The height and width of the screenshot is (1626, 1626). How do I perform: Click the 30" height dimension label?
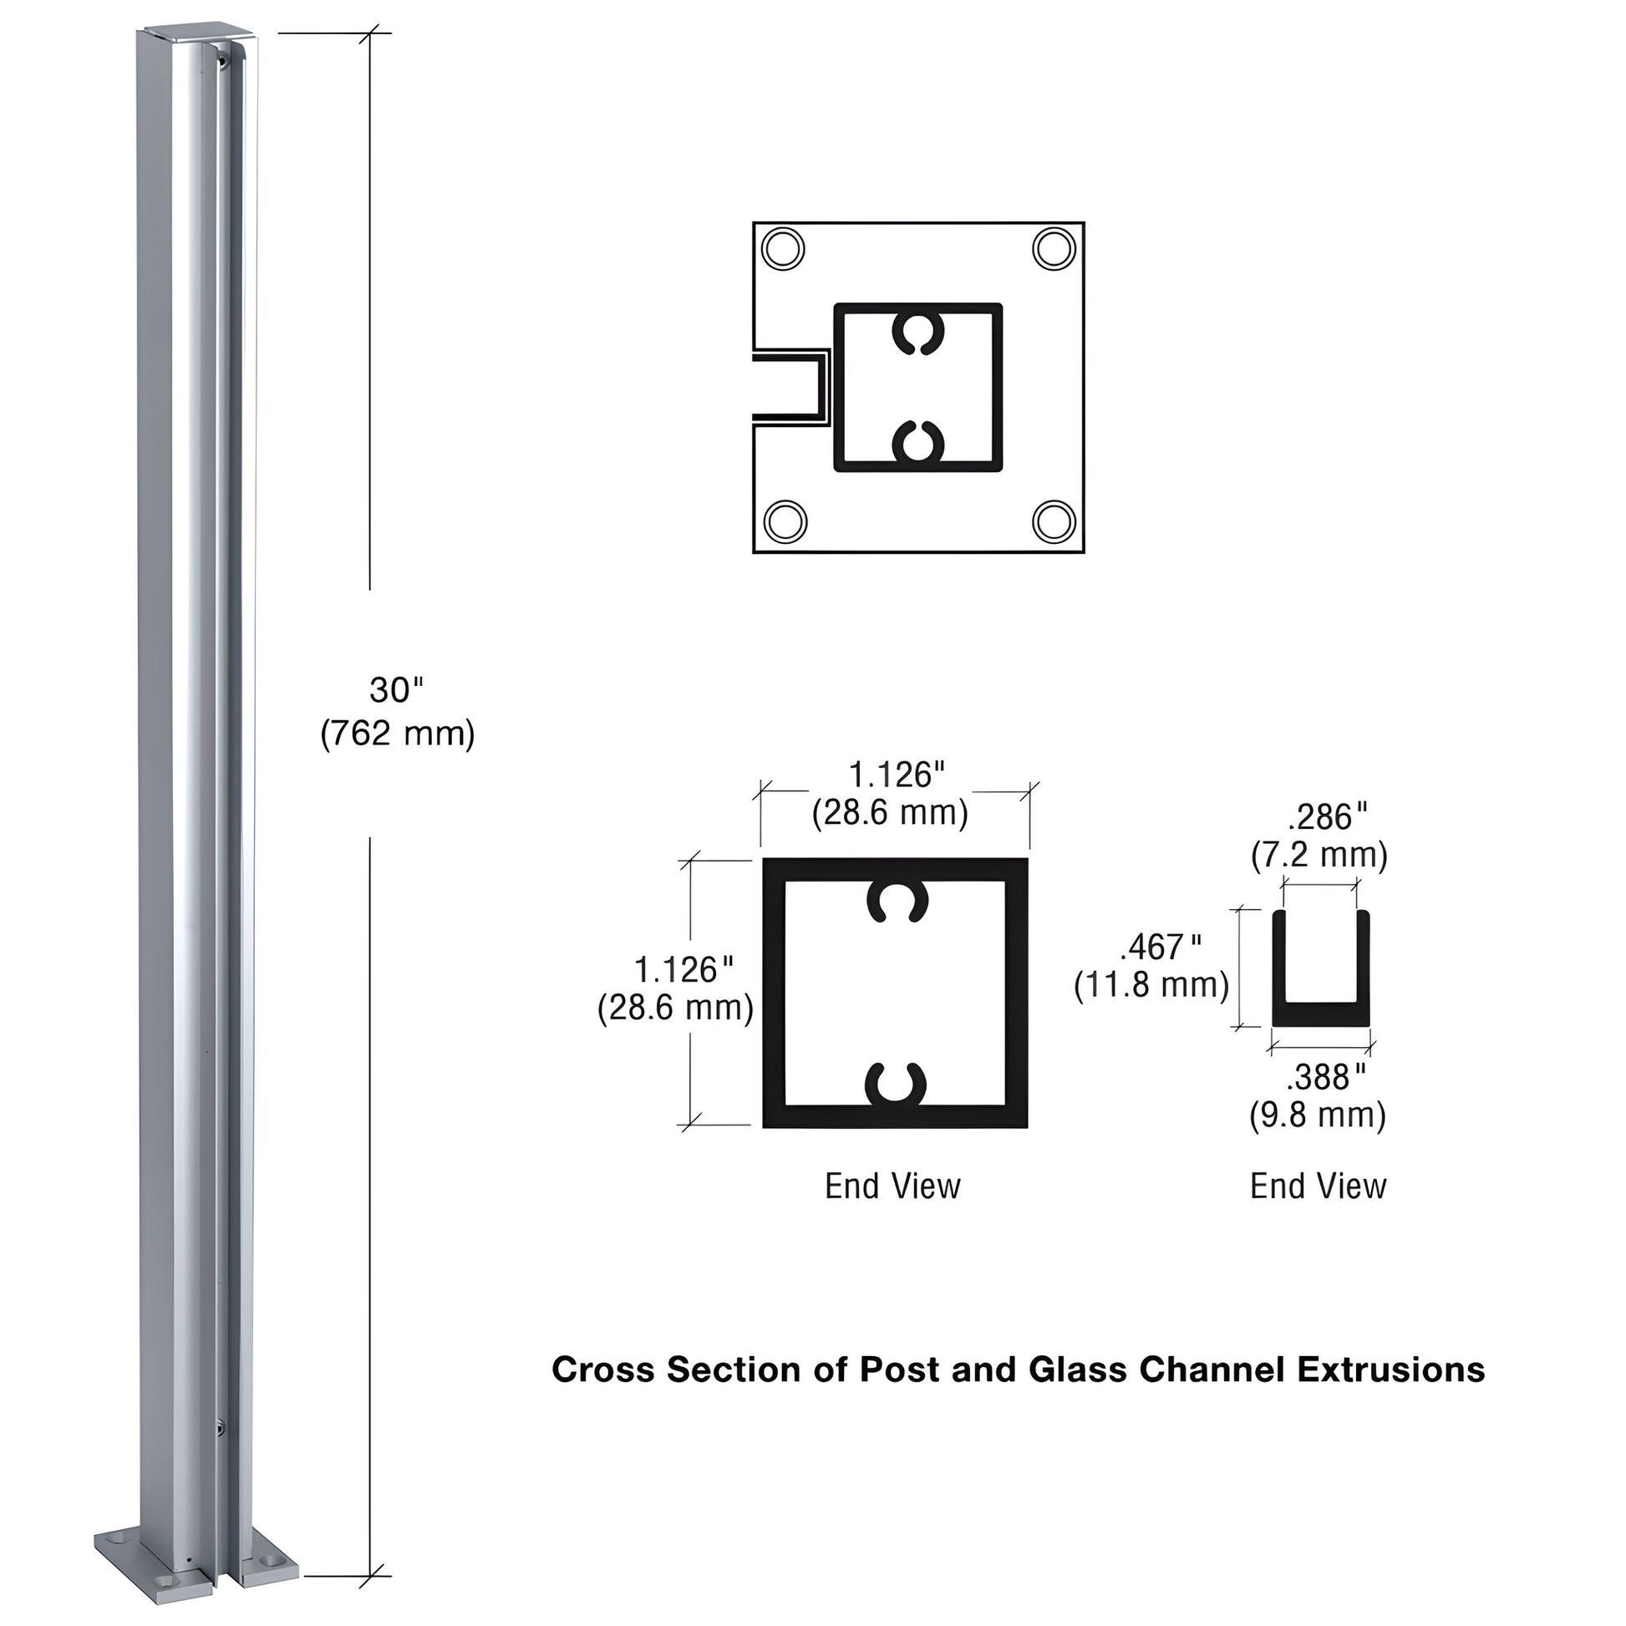point(395,691)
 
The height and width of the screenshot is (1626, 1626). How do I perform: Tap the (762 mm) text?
point(397,734)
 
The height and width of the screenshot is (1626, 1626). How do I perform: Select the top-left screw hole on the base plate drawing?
point(783,249)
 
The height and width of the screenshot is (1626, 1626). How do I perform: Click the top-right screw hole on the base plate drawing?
point(1054,249)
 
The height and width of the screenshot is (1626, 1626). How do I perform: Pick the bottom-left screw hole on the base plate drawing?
point(785,521)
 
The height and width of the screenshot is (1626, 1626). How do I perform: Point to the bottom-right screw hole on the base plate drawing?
point(1054,521)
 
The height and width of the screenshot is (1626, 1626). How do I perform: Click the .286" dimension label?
point(1327,817)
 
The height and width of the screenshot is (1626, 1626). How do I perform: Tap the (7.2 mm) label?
point(1319,855)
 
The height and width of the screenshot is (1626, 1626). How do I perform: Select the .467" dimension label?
point(1160,948)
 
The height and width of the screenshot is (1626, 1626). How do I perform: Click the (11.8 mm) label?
point(1151,984)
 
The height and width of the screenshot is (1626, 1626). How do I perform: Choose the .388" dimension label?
point(1324,1077)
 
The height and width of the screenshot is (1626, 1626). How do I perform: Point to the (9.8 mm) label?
point(1317,1115)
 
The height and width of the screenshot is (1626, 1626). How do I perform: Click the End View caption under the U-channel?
point(1318,1186)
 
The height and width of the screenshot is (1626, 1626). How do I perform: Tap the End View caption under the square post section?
point(892,1186)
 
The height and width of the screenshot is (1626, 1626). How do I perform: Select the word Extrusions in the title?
point(1390,1370)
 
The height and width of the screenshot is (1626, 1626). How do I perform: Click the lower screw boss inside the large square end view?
point(896,1085)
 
